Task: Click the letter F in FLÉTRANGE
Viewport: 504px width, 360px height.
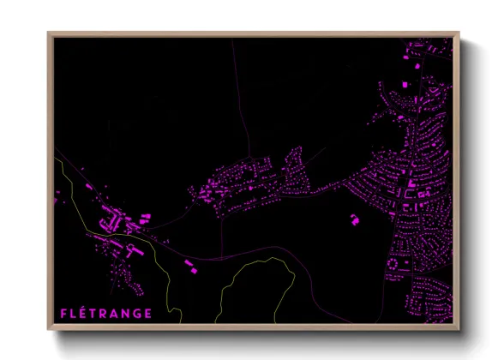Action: coord(63,314)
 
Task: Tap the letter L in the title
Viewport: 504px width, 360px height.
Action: coord(75,314)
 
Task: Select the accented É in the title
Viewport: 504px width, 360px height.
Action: coord(85,313)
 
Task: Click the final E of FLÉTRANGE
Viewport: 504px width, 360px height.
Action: coord(149,314)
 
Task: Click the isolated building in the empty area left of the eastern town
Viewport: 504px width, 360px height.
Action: coord(353,219)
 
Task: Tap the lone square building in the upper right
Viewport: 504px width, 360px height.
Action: coord(400,84)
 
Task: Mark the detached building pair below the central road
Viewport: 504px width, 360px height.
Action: coord(190,266)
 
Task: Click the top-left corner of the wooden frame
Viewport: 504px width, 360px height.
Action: coord(49,33)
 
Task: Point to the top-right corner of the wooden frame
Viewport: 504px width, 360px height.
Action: coord(459,33)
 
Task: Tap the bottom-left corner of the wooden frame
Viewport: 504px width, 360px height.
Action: coord(49,329)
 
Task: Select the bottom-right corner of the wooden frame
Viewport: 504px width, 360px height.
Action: coord(459,329)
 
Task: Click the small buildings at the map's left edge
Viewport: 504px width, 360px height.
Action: coord(57,199)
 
